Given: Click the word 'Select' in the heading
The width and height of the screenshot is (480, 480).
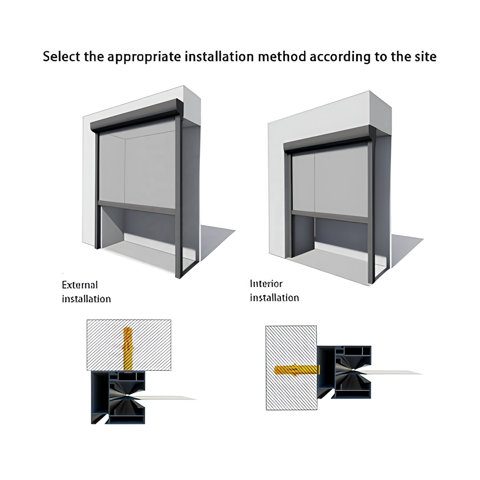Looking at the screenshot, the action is coord(61,56).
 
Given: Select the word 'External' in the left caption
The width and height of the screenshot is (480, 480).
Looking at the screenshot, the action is coord(80,285).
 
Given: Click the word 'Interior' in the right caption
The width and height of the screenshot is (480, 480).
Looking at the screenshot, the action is coord(266,283).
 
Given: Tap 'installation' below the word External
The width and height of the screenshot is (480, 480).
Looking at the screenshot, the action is coord(86,299).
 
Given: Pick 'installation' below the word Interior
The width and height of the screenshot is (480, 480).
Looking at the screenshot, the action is coord(274,298).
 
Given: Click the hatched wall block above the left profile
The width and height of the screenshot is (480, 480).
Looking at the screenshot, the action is coord(129,345).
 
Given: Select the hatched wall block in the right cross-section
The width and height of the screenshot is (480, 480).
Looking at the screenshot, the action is coord(291,368).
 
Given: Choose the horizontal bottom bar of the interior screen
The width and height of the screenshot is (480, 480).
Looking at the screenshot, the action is coord(330,217).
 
